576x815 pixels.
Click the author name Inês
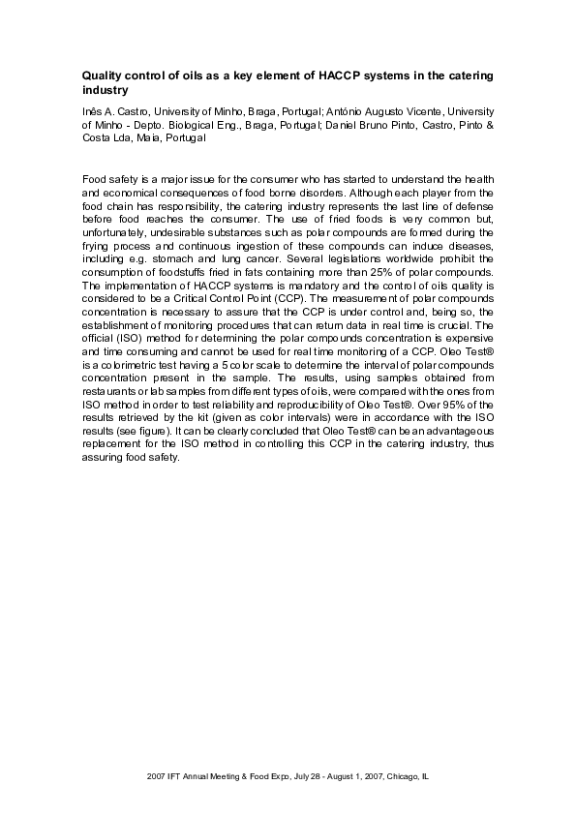tap(92, 113)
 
